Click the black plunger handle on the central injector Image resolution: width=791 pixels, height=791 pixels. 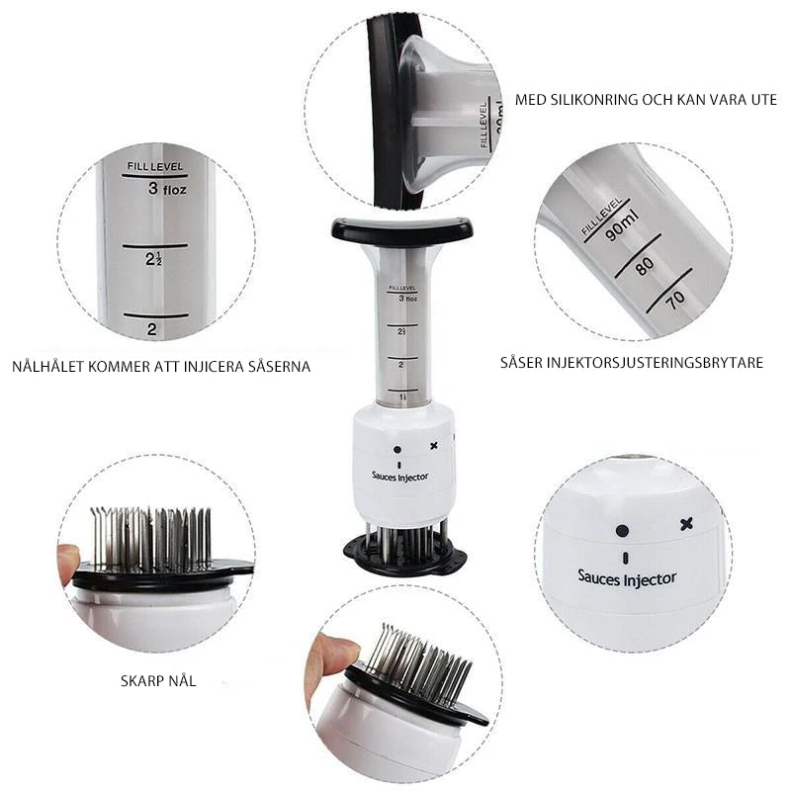(x=402, y=230)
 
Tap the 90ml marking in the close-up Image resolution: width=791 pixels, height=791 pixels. (x=622, y=226)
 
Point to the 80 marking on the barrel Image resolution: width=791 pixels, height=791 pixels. (x=645, y=265)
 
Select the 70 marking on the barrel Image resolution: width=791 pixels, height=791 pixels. (x=675, y=300)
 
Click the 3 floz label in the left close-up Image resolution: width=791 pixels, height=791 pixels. (x=167, y=189)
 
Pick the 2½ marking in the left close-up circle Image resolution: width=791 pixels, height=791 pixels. (x=153, y=259)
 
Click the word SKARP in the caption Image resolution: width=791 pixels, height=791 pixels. (x=140, y=681)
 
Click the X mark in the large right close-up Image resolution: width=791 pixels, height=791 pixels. (x=686, y=524)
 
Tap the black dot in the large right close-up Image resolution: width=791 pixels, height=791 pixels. (x=623, y=531)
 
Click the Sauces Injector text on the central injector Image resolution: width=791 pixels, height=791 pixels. (x=400, y=477)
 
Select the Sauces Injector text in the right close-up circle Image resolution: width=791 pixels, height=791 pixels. (x=627, y=579)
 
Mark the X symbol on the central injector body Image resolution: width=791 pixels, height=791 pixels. (x=433, y=446)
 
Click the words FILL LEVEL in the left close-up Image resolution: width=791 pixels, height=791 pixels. (x=155, y=166)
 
